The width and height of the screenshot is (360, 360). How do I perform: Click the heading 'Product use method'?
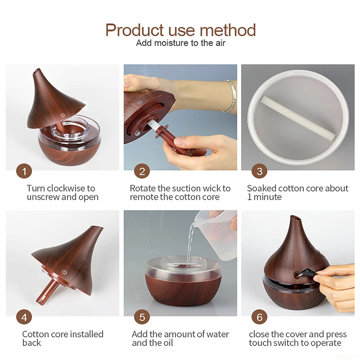pos(180,30)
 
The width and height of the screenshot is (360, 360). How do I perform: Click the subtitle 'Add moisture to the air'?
pos(180,43)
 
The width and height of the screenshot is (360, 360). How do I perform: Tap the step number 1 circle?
pos(24,171)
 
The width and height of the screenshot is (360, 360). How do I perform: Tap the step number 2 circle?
pos(142,171)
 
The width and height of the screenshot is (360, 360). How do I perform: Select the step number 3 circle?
pos(259,171)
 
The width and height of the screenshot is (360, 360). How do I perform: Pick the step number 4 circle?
pos(24,317)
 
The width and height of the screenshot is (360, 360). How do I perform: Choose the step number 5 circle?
pos(142,317)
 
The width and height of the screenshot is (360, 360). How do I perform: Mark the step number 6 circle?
pos(259,317)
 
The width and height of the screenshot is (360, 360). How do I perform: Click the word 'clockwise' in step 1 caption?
pos(66,189)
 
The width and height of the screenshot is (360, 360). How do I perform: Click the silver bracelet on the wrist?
pos(231,95)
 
